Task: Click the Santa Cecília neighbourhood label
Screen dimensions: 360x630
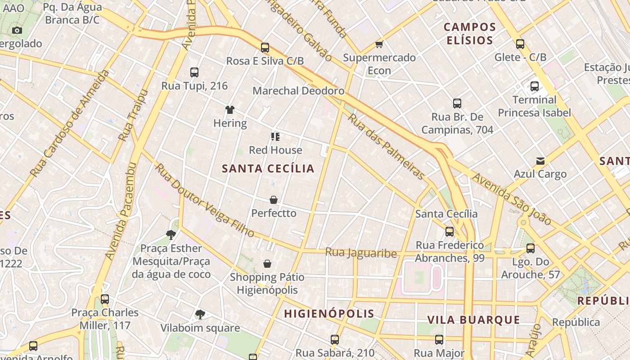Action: tap(268, 169)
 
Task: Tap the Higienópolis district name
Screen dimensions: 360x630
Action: tap(329, 314)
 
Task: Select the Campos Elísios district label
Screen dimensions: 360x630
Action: tap(470, 34)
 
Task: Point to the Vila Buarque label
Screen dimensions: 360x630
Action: tap(473, 320)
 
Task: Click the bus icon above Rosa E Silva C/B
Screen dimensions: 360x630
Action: tap(265, 47)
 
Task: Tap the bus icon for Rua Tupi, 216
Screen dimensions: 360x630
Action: tap(194, 72)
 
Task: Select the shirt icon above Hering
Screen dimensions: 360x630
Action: tap(230, 109)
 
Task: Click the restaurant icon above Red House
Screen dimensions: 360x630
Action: tap(275, 136)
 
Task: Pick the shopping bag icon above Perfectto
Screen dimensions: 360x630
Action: tap(274, 199)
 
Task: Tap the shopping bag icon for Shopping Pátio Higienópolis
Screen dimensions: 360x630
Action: tap(267, 263)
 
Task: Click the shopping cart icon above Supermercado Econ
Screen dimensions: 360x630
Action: tap(379, 44)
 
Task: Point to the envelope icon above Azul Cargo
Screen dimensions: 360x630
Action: tap(540, 161)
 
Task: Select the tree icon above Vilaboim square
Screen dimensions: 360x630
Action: tap(200, 315)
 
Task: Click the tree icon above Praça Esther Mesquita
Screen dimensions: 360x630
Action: tap(171, 234)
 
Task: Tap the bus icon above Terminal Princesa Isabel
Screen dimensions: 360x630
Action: tap(535, 86)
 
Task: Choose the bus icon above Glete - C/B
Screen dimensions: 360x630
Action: tap(520, 44)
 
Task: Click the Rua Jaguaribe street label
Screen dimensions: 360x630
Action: tap(361, 253)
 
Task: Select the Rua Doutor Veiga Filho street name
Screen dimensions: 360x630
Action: tap(205, 201)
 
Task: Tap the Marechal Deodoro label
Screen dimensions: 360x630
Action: tap(298, 90)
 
